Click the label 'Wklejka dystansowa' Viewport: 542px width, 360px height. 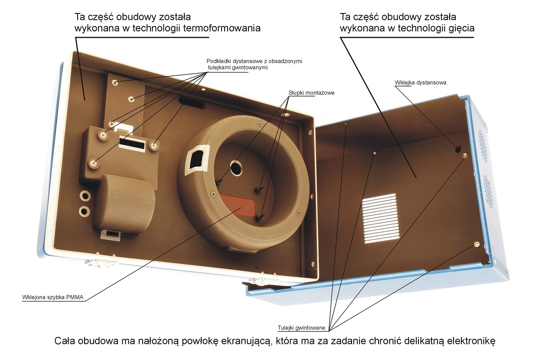coord(420,83)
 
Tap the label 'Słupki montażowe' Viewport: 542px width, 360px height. coord(311,93)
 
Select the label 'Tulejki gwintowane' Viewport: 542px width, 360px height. coord(301,328)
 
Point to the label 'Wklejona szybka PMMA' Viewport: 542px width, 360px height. coord(53,297)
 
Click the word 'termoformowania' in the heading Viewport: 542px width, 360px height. coord(222,28)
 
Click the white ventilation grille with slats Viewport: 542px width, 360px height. coord(380,218)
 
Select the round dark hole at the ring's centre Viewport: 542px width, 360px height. coord(236,168)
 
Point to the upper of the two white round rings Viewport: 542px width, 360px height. coord(85,196)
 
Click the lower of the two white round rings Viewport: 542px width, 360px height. coord(84,211)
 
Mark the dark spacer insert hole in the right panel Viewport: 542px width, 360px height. coord(458,150)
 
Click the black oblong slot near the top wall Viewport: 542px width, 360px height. coord(192,103)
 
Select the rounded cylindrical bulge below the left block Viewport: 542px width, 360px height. coord(124,204)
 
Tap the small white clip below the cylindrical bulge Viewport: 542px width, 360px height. coord(111,234)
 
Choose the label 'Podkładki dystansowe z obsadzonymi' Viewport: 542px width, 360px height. coord(254,61)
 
